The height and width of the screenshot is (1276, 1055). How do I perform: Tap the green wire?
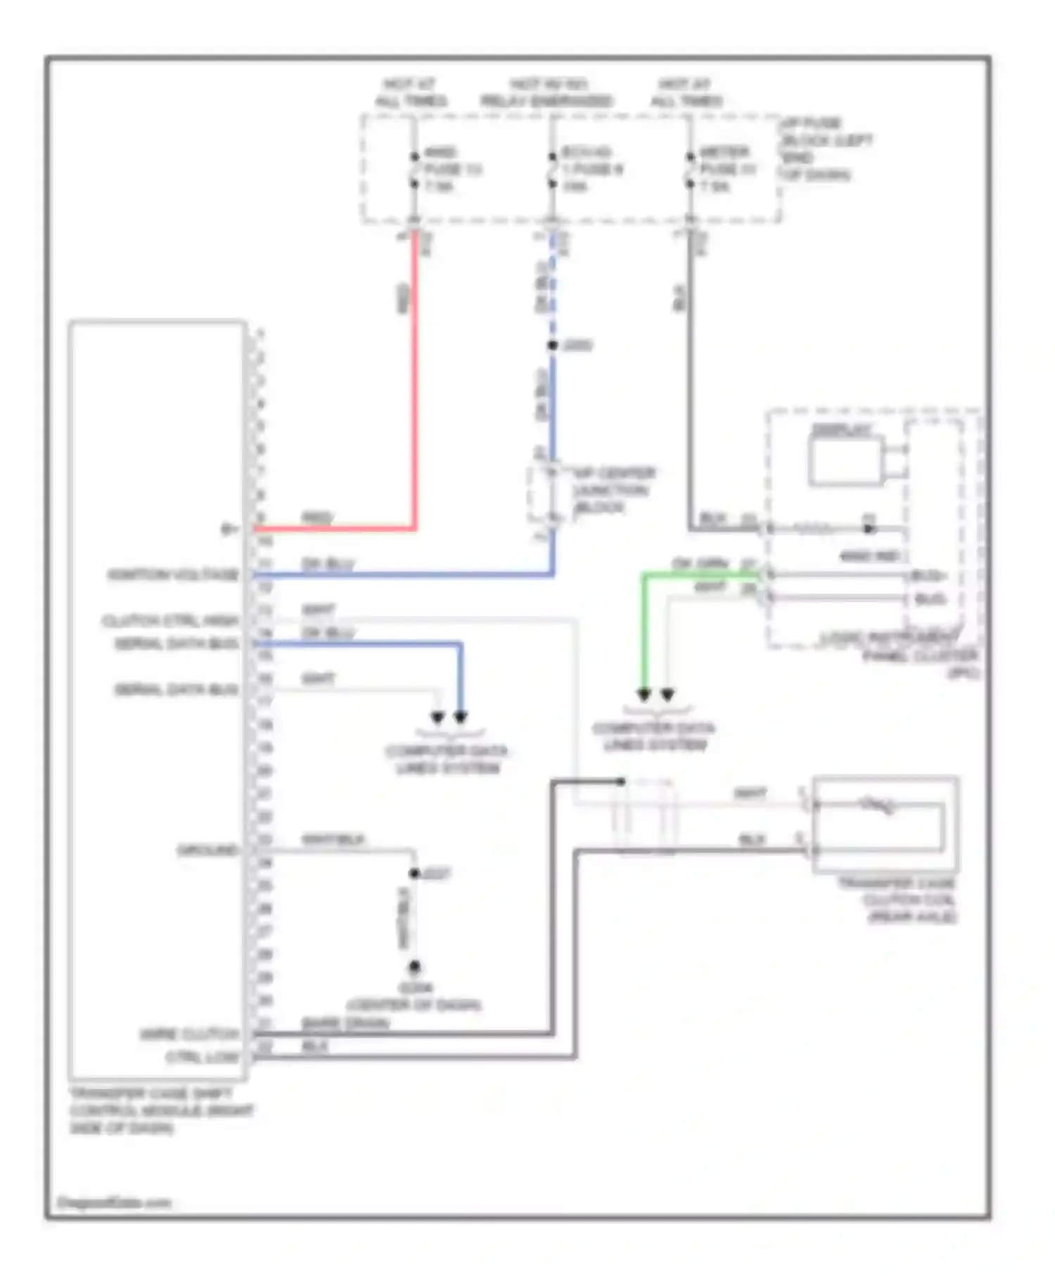point(644,633)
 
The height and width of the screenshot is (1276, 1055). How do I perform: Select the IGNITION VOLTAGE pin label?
point(173,575)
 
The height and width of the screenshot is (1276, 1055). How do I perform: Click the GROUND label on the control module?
point(207,850)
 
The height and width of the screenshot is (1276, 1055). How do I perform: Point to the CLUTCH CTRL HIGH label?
point(171,621)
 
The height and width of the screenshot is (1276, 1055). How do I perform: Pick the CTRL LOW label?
point(203,1057)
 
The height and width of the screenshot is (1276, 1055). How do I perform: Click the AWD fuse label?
point(452,169)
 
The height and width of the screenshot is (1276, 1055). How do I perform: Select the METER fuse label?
point(726,169)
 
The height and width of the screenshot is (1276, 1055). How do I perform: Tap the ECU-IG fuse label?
point(591,169)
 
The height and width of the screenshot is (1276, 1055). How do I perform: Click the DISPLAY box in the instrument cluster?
point(845,461)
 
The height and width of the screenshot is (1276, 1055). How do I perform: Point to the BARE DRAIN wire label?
point(345,1023)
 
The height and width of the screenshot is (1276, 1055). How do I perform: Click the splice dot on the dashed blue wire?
point(553,345)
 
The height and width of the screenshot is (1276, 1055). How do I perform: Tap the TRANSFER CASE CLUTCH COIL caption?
point(897,900)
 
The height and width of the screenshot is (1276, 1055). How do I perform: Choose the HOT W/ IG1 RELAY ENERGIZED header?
point(546,93)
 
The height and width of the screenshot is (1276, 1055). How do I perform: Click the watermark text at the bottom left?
point(114,1203)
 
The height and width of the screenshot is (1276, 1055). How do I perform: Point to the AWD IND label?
point(870,556)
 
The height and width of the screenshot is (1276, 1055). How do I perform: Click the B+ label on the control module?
point(229,529)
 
